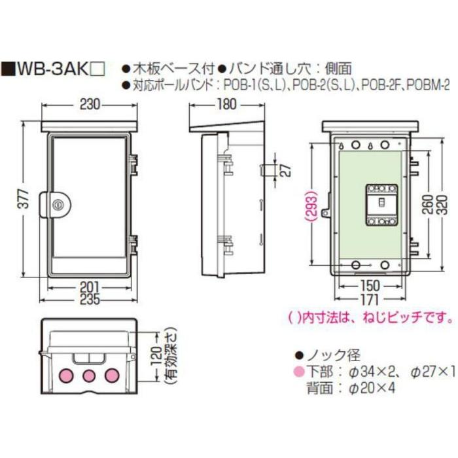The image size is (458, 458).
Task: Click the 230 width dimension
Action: [x=89, y=103]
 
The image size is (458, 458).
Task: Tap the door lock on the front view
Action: [x=58, y=205]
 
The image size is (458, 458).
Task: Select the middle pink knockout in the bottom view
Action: [x=89, y=376]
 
